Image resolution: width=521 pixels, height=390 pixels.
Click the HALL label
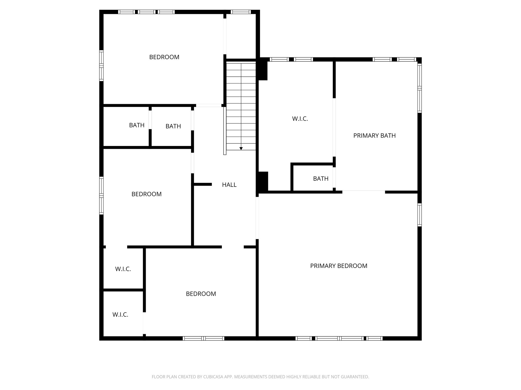coord(229,185)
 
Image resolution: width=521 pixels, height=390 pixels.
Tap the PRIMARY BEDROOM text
coord(339,266)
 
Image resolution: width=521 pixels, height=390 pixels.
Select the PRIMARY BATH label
coord(374,136)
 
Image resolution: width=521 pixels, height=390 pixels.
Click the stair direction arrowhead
coord(241,148)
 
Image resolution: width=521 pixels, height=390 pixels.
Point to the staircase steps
coord(241,107)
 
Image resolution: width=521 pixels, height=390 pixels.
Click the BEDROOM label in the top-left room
coord(164,57)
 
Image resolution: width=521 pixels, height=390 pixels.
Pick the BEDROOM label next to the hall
coord(146,194)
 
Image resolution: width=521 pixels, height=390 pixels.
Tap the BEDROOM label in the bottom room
coord(201,294)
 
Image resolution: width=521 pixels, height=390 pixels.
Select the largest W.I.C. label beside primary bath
coord(300,119)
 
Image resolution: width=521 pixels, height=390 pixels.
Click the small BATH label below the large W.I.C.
coord(321,179)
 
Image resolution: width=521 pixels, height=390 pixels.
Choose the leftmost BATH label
coord(137,125)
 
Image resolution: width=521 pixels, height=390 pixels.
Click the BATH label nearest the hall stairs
coord(173,126)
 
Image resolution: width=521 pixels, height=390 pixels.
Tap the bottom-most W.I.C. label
coord(120,315)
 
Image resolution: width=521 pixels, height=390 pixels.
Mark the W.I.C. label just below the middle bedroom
coord(123,269)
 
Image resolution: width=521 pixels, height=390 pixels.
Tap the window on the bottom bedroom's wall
coord(203,338)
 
